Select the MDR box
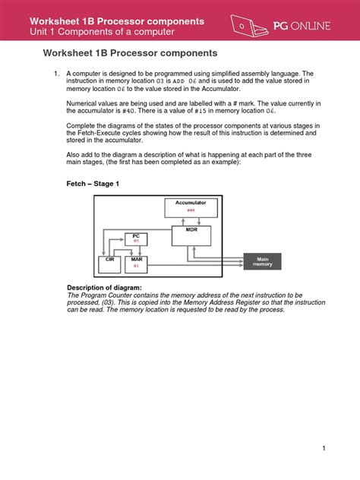pos(191,235)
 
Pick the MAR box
pos(137,264)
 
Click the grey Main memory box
pos(262,261)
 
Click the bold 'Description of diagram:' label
pos(99,288)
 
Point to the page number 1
pos(324,448)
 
